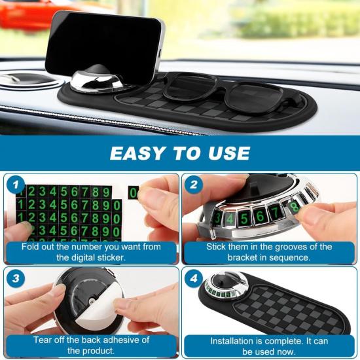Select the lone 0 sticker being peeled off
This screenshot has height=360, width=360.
click(x=134, y=193)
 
